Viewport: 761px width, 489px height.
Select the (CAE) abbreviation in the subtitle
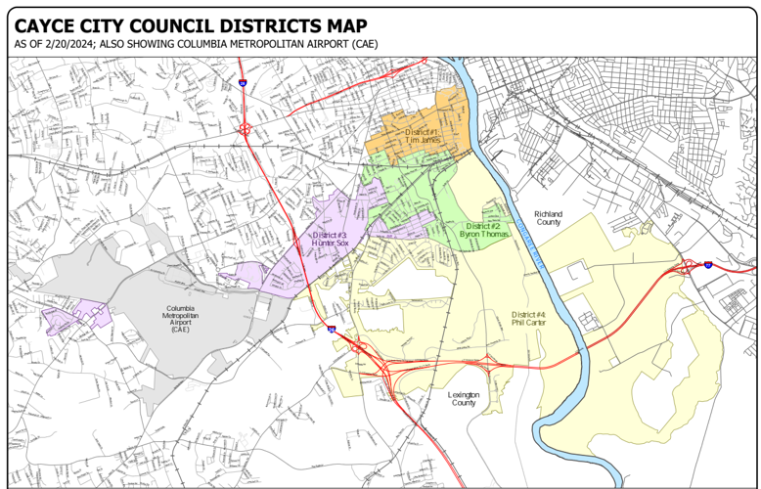(364, 45)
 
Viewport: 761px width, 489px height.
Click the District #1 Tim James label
(423, 136)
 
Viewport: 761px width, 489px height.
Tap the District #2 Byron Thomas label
(485, 231)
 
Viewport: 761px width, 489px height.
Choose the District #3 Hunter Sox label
(330, 240)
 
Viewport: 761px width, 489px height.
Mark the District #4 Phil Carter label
(528, 319)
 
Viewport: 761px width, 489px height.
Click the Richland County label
(549, 218)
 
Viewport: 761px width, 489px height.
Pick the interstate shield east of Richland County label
(707, 264)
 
